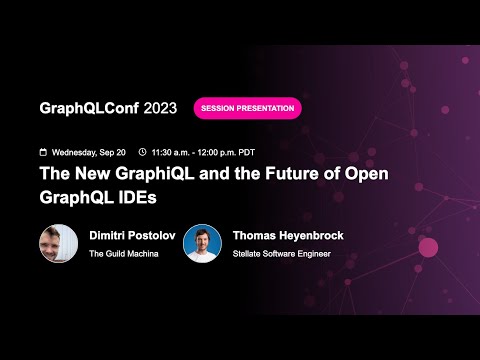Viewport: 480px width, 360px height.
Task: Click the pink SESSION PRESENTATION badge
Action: click(247, 108)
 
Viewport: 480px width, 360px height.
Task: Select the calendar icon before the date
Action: click(43, 152)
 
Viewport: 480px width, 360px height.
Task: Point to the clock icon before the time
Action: click(143, 152)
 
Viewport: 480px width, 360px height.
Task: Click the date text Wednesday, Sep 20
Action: click(90, 152)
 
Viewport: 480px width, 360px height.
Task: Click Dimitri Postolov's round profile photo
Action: click(59, 243)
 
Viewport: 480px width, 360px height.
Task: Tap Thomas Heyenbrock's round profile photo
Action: click(203, 243)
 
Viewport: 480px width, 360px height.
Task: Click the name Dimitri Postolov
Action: click(135, 235)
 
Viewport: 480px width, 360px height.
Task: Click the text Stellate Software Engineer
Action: click(281, 254)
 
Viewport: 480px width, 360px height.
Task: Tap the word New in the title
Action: click(92, 174)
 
